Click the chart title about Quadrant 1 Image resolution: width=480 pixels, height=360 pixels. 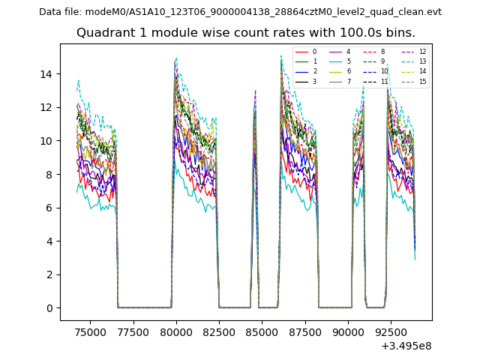tap(245, 33)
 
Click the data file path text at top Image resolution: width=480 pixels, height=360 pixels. tap(240, 12)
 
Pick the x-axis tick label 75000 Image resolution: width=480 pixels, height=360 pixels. tap(91, 330)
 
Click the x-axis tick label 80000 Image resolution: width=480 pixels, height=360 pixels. tap(176, 330)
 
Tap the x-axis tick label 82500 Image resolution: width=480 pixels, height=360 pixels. tap(219, 330)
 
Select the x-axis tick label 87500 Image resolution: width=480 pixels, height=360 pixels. tap(305, 330)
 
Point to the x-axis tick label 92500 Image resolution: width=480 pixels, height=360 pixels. tap(391, 330)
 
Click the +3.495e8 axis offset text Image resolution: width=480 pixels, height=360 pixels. tap(406, 346)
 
